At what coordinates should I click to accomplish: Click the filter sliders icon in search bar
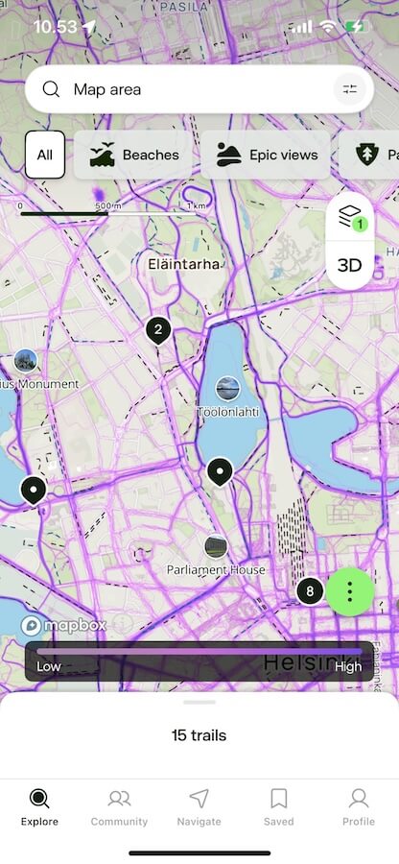click(x=349, y=89)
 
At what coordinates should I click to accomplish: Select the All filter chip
click(x=45, y=155)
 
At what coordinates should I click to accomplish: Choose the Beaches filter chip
click(x=134, y=155)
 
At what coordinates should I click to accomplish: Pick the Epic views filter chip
click(x=266, y=155)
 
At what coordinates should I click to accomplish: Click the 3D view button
click(x=350, y=265)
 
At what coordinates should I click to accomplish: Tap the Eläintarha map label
click(x=184, y=263)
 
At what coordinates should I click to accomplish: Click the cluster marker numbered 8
click(x=309, y=590)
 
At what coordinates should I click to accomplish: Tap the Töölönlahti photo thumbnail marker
click(x=227, y=388)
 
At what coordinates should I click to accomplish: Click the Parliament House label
click(x=216, y=569)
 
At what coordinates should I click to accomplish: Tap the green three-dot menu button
click(x=350, y=590)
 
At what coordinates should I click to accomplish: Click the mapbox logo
click(x=63, y=625)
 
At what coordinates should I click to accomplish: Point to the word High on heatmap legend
click(x=348, y=666)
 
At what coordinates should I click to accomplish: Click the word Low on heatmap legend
click(x=49, y=666)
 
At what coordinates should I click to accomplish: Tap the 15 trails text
click(x=199, y=736)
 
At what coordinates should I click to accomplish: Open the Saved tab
click(x=278, y=806)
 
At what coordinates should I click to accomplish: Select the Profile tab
click(x=358, y=806)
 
